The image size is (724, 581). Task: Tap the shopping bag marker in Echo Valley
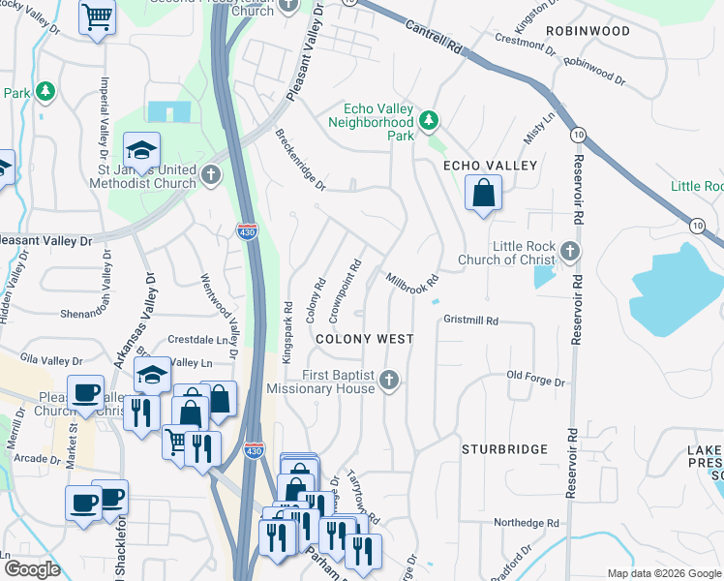point(483,192)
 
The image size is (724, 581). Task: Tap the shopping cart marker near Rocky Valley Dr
point(97,17)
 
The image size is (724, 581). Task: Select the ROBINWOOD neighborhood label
point(588,31)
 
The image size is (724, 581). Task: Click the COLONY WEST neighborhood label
point(365,339)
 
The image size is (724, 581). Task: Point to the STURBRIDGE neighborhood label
point(504,449)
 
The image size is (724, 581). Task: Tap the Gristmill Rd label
point(470,320)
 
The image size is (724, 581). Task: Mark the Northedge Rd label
point(527,523)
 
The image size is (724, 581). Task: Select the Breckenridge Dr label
point(300,159)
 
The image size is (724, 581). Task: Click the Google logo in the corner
point(32,569)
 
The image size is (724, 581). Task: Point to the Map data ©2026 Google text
point(663,573)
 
